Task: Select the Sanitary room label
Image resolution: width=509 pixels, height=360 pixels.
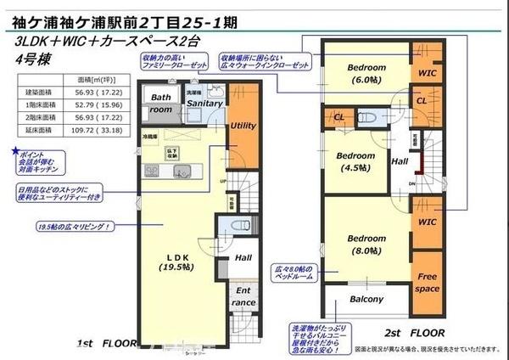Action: click(204, 104)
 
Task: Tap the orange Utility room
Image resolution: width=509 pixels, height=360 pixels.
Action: click(243, 126)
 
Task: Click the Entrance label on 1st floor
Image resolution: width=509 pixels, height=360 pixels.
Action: click(243, 296)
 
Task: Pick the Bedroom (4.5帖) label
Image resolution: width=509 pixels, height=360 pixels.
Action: click(355, 161)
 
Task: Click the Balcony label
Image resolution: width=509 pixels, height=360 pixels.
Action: click(366, 299)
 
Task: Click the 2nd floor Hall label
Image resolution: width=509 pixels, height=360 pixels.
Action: click(400, 160)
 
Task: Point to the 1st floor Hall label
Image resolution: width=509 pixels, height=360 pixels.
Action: click(243, 257)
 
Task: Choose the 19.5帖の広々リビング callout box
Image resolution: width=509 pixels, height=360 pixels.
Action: click(76, 228)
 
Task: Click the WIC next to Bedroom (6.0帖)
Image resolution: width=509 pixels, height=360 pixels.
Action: click(427, 73)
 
